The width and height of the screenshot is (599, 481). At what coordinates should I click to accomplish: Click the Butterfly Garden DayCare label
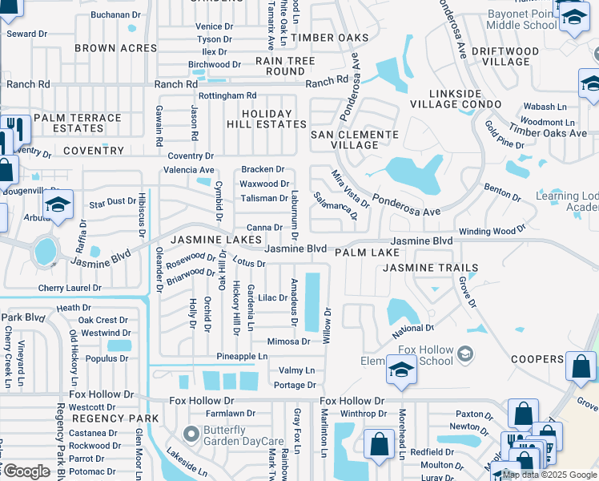[x=244, y=435]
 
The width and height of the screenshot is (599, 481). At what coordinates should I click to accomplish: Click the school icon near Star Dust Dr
[x=58, y=205]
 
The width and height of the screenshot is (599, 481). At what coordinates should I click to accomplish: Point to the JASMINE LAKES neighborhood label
[x=204, y=240]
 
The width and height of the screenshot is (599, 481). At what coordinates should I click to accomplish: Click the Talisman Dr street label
[x=263, y=198]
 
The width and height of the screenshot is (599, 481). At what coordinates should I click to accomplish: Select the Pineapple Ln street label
[x=242, y=356]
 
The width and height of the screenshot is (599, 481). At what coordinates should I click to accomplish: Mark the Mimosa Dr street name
[x=288, y=342]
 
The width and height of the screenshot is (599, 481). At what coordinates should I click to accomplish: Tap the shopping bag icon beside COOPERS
[x=581, y=366]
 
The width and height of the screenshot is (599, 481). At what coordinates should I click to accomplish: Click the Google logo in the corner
[x=26, y=471]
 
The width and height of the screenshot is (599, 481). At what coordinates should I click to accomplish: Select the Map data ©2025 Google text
[x=550, y=475]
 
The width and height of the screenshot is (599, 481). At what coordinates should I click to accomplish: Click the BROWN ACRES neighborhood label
[x=116, y=48]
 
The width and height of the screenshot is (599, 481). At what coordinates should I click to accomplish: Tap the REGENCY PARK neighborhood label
[x=103, y=419]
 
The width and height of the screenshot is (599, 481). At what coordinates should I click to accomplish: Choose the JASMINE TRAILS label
[x=430, y=268]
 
